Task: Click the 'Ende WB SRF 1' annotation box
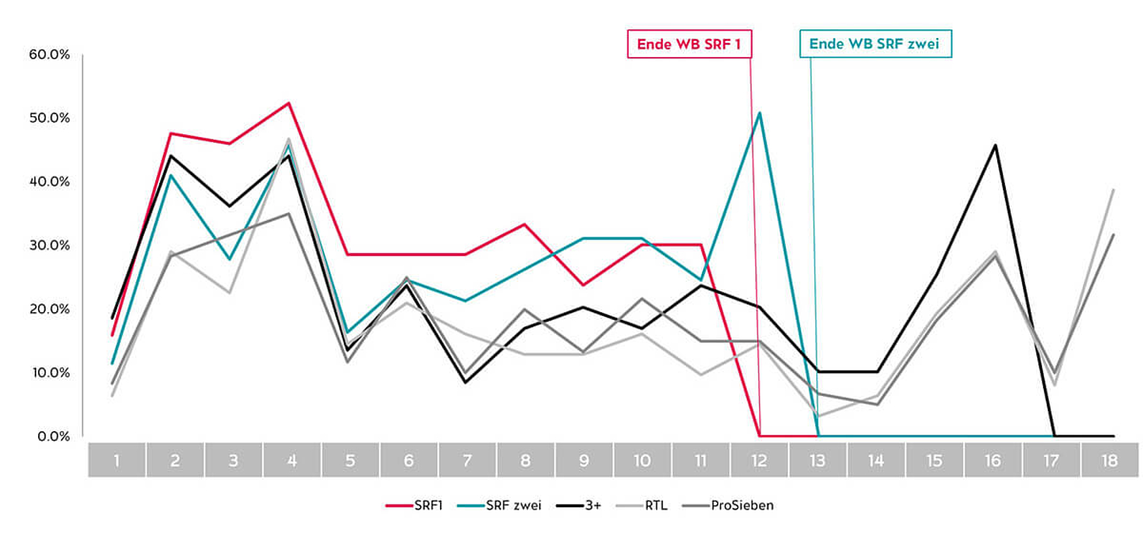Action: (689, 44)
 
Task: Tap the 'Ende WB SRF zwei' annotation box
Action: (874, 44)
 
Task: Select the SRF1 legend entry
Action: (415, 506)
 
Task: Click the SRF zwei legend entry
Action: (500, 506)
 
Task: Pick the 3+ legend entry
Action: (579, 506)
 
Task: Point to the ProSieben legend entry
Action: (728, 506)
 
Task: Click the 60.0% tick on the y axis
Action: (49, 55)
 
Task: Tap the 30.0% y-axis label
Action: (49, 246)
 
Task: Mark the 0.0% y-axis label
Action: (53, 437)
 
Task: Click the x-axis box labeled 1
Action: (117, 460)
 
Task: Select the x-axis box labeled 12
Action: (759, 460)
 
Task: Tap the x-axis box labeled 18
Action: (1109, 460)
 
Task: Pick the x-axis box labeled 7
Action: (467, 460)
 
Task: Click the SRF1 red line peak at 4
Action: (289, 103)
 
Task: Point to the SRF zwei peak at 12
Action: (760, 113)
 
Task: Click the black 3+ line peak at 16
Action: (995, 145)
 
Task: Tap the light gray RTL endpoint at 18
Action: (1113, 190)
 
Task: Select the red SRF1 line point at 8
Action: (524, 224)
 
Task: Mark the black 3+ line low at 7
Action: (465, 383)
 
